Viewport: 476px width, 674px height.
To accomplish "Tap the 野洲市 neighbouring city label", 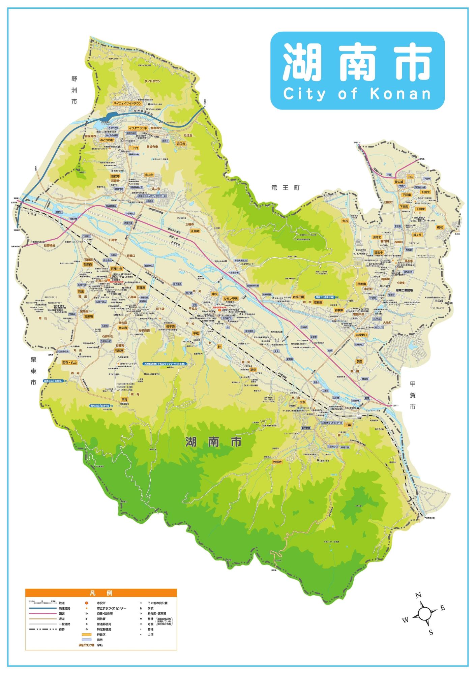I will click(x=74, y=90).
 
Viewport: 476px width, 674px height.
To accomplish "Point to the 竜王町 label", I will click(x=286, y=188).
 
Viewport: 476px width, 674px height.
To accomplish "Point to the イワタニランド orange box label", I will click(x=138, y=128).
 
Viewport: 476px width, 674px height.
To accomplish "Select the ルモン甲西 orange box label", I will click(x=231, y=299).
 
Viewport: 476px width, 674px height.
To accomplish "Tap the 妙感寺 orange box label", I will click(x=277, y=462).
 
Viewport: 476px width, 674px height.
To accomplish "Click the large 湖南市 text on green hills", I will click(x=213, y=442).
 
